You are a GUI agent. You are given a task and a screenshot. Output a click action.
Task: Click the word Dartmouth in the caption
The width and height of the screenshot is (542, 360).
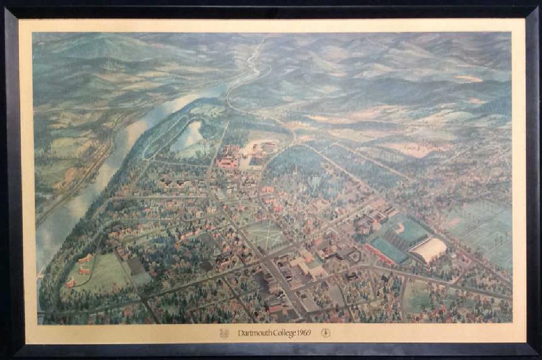pos(253,333)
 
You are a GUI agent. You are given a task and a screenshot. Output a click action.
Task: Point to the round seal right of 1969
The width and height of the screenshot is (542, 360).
pos(325,333)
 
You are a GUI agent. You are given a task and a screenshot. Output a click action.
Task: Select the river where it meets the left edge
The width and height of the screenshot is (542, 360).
pos(43,236)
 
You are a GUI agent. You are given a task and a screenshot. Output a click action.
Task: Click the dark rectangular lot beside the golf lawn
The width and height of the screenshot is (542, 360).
pos(136,266)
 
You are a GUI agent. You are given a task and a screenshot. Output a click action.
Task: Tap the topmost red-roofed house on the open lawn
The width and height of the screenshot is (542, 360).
pos(85,258)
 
